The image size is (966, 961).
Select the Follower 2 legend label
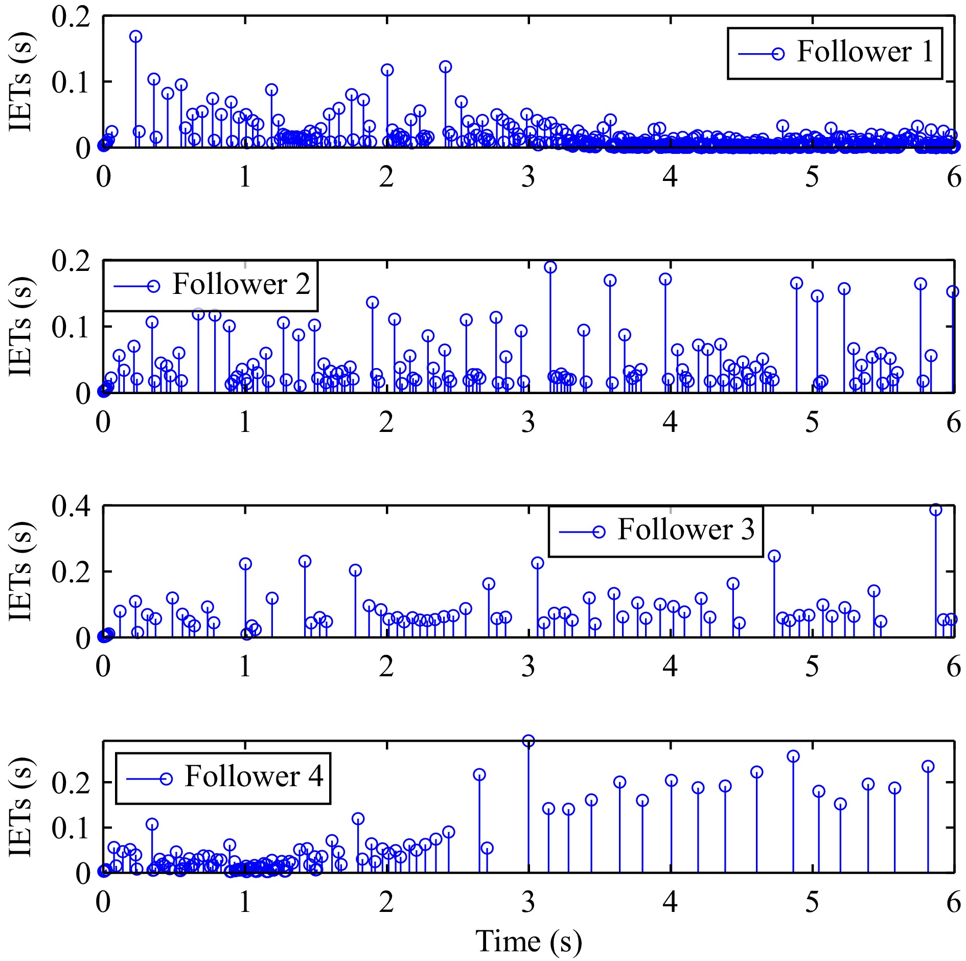[x=241, y=284]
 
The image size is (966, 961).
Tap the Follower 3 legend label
[x=686, y=530]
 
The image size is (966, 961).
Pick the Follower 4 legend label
[x=254, y=776]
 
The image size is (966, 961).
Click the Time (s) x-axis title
[x=528, y=941]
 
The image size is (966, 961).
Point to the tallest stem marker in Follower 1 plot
[x=135, y=36]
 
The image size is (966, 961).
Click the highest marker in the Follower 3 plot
[x=935, y=510]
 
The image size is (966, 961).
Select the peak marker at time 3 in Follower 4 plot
[x=528, y=741]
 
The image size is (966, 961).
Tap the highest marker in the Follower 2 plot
[x=550, y=267]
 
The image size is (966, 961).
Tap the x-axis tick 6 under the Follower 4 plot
[x=954, y=903]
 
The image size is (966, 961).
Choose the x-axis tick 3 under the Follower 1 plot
[x=528, y=177]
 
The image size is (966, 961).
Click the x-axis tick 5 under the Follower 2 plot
[x=812, y=422]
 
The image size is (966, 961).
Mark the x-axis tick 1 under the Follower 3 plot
[x=245, y=667]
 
